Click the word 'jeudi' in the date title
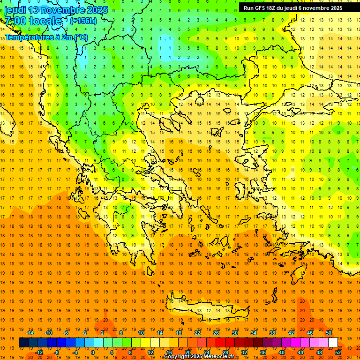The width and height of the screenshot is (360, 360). coord(15,10)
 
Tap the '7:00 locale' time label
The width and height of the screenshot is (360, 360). coord(33,21)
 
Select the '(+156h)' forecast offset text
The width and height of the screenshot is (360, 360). coord(83,21)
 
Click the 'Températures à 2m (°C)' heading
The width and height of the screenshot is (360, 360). coord(46,37)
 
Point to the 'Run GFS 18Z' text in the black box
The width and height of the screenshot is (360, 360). coord(261,8)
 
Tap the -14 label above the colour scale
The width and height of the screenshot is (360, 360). coord(30,333)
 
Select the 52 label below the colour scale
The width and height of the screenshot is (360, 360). coord(338,352)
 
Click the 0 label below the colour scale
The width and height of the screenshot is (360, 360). coord(92,352)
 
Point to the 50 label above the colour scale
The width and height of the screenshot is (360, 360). coord(328,333)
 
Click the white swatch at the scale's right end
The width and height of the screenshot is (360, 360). coord(333,343)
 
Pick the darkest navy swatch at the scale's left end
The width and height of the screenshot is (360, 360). coord(23,343)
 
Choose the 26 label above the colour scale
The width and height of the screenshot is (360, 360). coord(216,333)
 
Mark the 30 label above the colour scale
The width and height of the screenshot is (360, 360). coord(235,333)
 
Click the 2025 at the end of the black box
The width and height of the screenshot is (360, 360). coord(335,8)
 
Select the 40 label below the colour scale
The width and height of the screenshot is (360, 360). coord(282,352)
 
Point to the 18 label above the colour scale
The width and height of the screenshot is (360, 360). coord(179,333)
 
